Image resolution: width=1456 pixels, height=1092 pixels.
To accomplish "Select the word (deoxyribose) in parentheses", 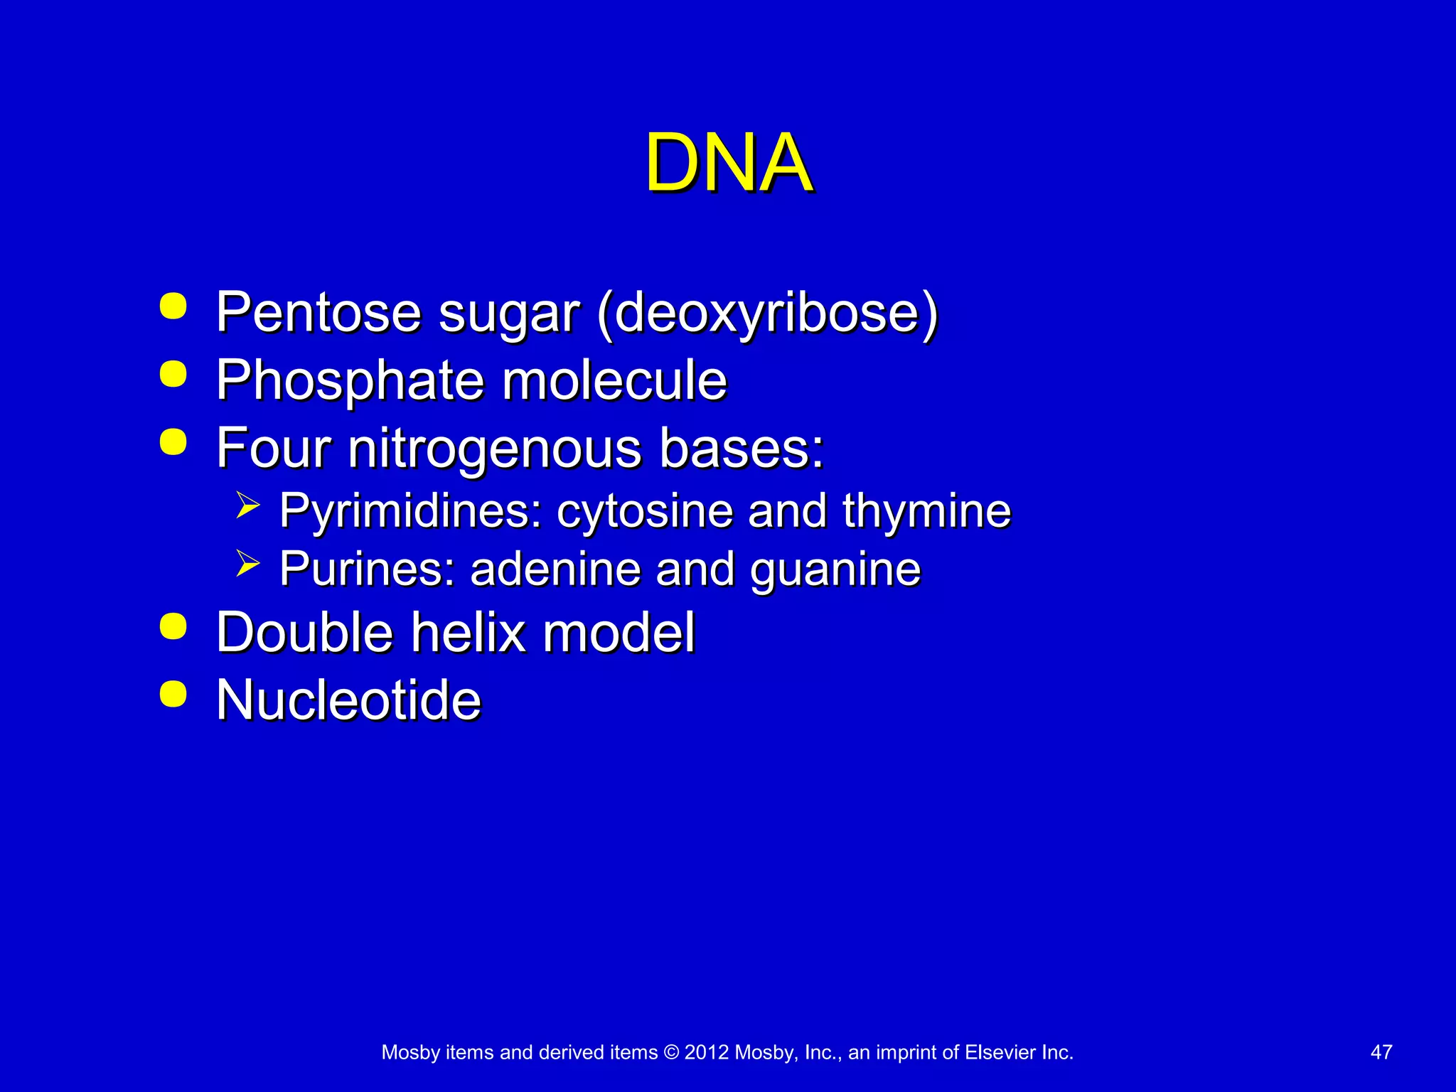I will [x=768, y=313].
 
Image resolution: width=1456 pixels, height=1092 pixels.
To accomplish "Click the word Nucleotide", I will [x=348, y=700].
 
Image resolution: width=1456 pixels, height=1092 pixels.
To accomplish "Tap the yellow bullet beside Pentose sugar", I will [x=173, y=307].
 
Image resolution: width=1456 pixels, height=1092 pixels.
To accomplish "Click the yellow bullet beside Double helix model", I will [x=173, y=627].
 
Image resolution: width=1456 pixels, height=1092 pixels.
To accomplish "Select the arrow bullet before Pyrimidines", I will [x=248, y=505].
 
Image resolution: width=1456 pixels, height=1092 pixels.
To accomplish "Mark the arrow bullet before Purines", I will [x=248, y=564].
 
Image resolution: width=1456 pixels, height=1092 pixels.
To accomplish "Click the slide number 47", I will [x=1381, y=1052].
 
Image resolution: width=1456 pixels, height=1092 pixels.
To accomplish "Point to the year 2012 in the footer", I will [x=706, y=1052].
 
